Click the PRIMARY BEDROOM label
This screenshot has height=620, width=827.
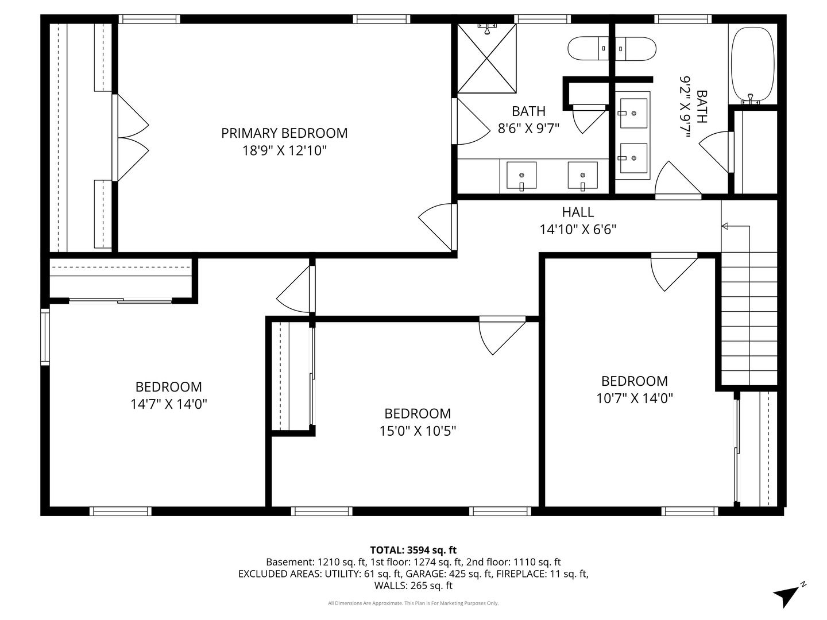[284, 133]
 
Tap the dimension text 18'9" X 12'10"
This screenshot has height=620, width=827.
[284, 151]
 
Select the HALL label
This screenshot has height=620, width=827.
[578, 212]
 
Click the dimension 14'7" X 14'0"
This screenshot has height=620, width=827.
[168, 404]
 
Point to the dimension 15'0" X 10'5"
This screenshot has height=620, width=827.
[418, 431]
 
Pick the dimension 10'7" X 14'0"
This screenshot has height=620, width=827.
[634, 398]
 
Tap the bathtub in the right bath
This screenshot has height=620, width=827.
[752, 63]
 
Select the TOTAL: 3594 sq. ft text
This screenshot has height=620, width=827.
[413, 550]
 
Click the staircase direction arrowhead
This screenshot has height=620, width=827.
[725, 226]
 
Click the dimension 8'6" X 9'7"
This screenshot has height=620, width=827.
[528, 129]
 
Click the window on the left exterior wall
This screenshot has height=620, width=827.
[45, 337]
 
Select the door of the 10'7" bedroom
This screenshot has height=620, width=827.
[673, 271]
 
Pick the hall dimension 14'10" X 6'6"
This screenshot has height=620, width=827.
[578, 230]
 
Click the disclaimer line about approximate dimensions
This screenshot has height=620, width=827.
[413, 603]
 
